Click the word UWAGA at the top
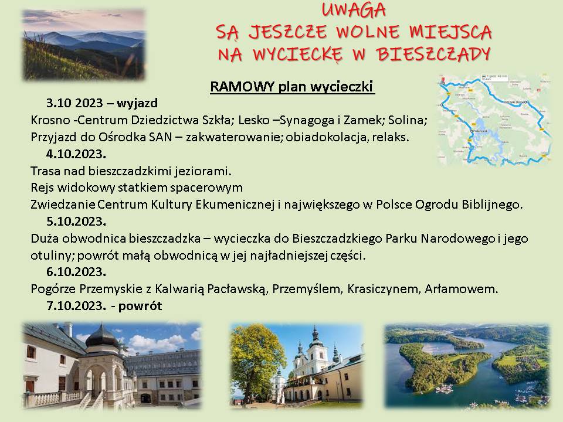[x=354, y=10]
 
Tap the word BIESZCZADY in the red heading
[x=433, y=54]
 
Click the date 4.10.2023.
[x=76, y=154]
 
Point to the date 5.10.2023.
[x=76, y=222]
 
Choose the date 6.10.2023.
[x=76, y=271]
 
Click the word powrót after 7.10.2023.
[x=140, y=306]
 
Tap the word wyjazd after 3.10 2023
[x=137, y=103]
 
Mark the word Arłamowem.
[x=462, y=289]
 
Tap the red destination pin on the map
[x=442, y=79]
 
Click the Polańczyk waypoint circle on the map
[x=472, y=131]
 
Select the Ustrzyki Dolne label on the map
[x=514, y=102]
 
